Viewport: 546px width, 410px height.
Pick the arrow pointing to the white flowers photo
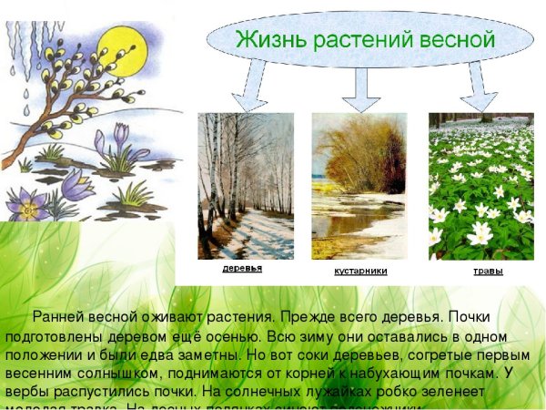(x=477, y=89)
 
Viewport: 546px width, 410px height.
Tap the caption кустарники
(x=360, y=272)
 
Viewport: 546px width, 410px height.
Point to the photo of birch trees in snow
(x=246, y=186)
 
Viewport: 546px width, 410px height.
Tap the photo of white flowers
(x=480, y=186)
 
